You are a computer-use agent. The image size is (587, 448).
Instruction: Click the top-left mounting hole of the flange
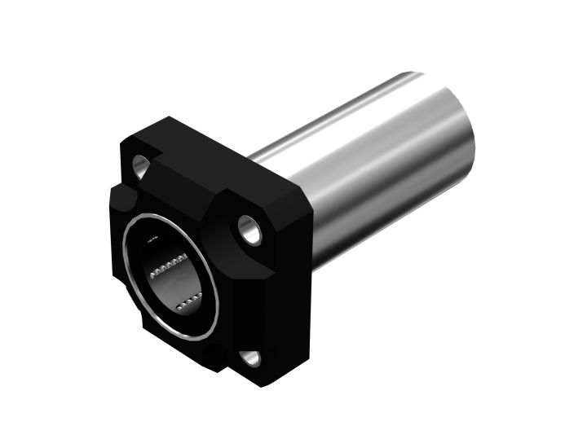pos(141,167)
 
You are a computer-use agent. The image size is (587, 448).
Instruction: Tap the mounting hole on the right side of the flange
pos(249,228)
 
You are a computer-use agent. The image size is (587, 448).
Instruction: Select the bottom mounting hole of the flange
pos(249,358)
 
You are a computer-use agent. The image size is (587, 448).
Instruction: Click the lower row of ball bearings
pos(188,304)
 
